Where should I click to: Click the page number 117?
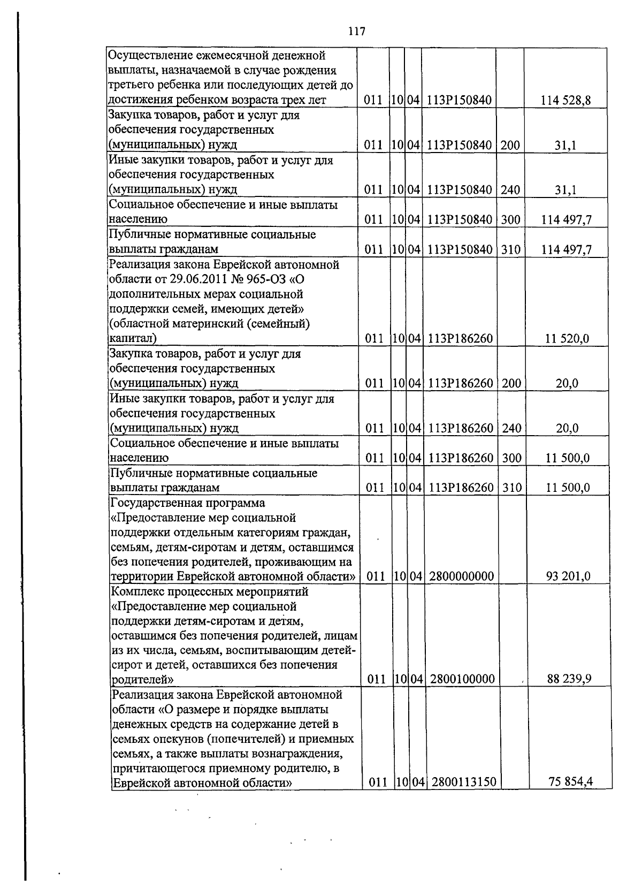point(356,32)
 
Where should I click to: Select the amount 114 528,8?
point(565,100)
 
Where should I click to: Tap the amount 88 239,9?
point(569,679)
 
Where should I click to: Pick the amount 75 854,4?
point(571,782)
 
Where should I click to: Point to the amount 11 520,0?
point(567,338)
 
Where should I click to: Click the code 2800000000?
point(461,576)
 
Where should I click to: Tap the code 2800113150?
point(463,782)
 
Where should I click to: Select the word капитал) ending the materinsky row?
point(133,338)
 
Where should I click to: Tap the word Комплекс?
point(137,592)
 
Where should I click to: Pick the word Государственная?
point(155,503)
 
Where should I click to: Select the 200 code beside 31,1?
point(510,145)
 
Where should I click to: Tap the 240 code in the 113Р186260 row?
point(511,428)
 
